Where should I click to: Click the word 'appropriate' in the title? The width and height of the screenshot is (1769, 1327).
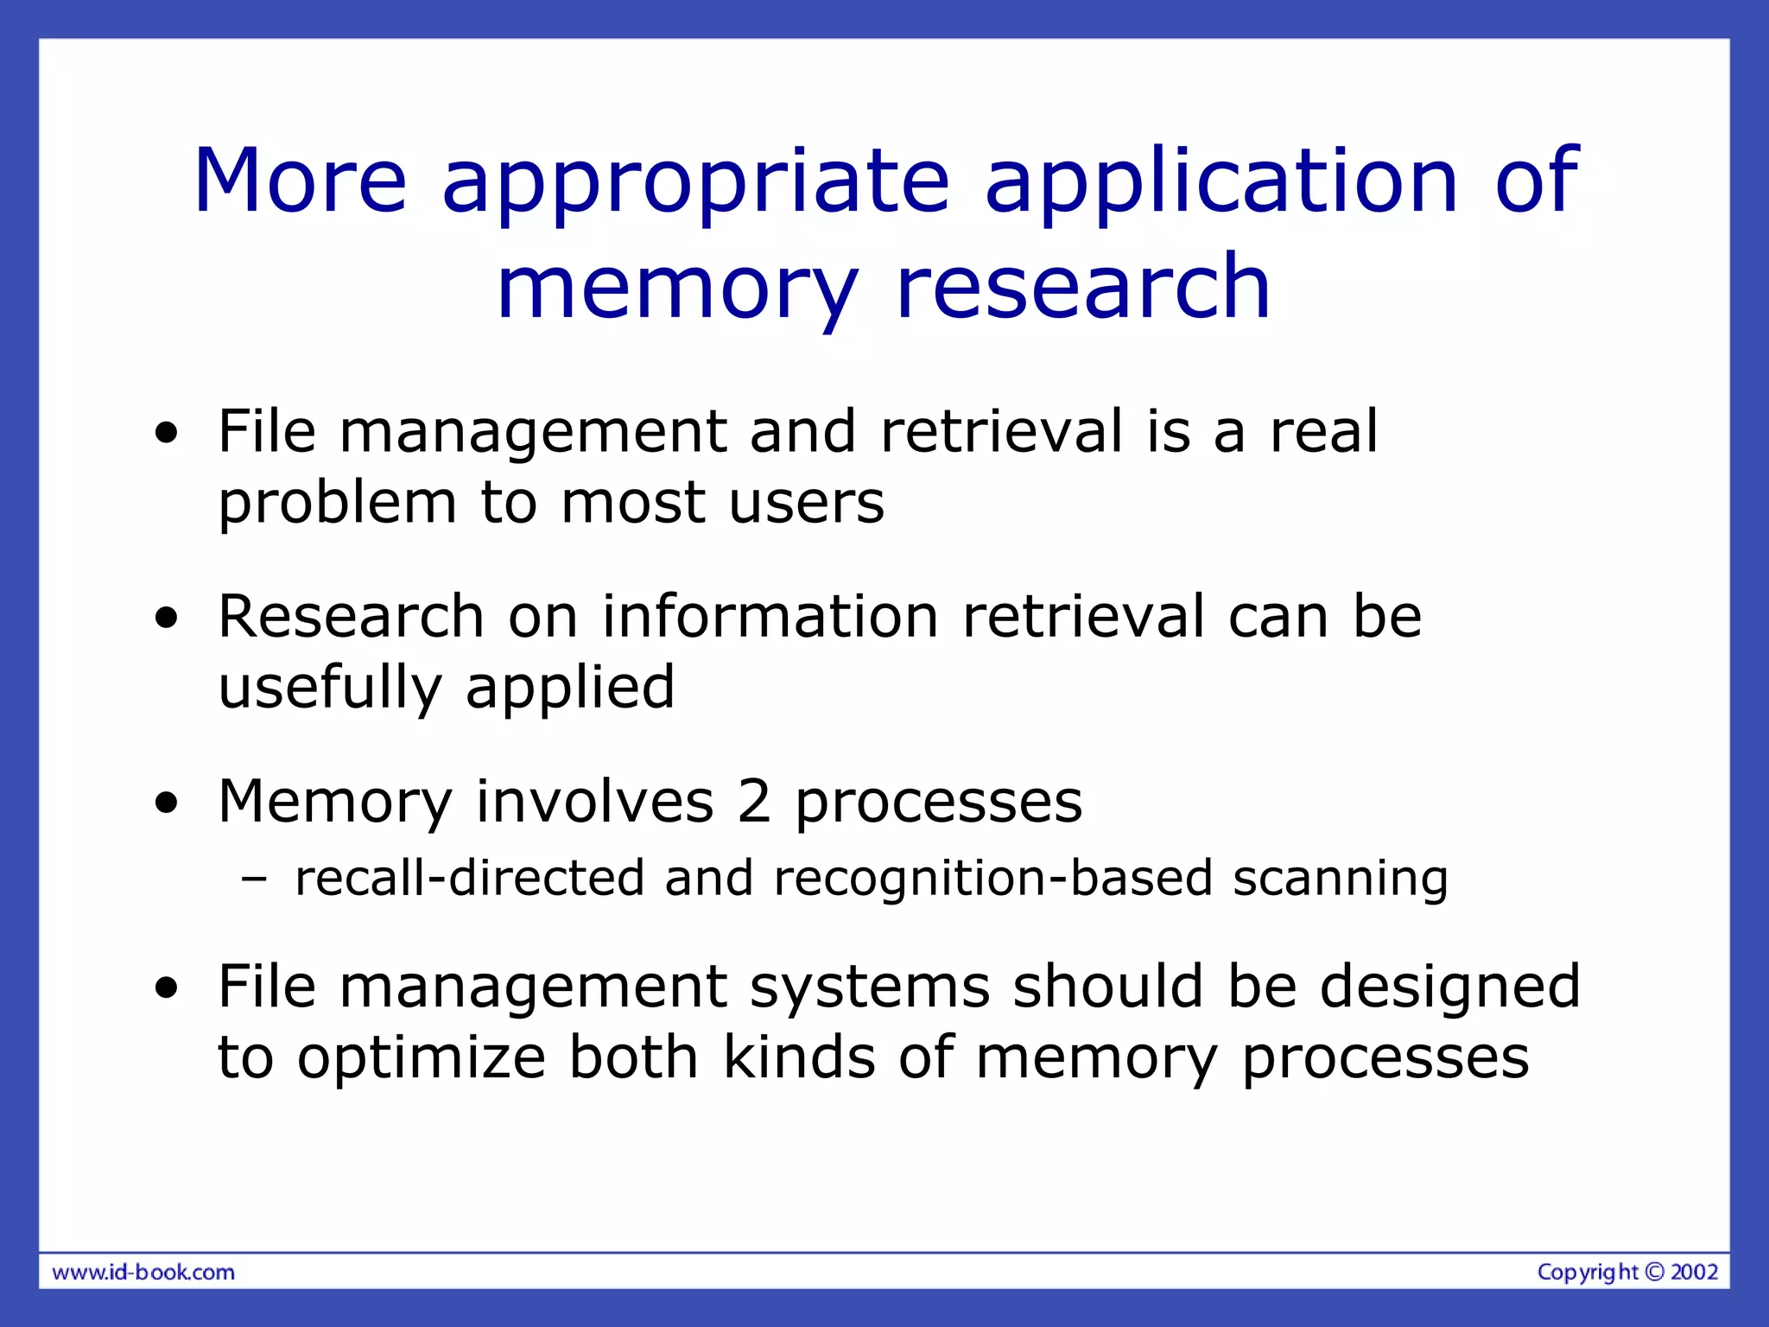point(695,183)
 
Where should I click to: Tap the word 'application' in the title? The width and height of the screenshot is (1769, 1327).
point(1221,183)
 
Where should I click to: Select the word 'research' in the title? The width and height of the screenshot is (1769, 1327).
point(1083,287)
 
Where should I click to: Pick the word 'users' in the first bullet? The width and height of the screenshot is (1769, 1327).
point(807,503)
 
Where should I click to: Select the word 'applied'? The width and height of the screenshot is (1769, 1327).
point(570,689)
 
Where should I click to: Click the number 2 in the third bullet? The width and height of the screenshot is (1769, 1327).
point(753,801)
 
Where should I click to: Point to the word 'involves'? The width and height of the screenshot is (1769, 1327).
point(595,801)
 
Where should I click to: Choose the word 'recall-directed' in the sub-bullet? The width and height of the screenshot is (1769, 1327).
point(470,878)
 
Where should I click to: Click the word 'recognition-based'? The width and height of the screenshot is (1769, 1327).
point(993,879)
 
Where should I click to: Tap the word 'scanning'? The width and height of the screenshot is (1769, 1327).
point(1340,879)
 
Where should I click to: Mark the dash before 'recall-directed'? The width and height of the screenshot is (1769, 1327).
point(255,879)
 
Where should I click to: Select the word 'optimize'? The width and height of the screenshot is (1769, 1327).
point(422,1057)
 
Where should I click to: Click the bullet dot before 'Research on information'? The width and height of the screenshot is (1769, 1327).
point(166,618)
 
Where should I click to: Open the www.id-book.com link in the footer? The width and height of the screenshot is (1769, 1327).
point(143,1272)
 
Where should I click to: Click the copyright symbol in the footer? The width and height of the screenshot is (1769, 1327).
point(1653,1272)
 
